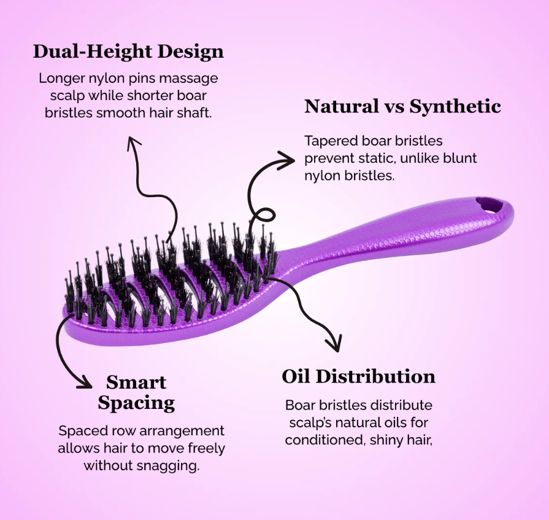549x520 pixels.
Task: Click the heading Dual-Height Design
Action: pos(128,51)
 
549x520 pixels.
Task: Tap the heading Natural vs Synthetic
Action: pos(402,106)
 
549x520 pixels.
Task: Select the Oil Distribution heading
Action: pos(358,377)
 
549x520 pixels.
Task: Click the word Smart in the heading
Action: pos(136,382)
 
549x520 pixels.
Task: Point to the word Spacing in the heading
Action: pos(136,403)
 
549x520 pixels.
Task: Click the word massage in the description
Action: pos(188,78)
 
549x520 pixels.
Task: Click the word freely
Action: pos(207,449)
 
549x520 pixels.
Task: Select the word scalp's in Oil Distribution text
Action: pos(310,423)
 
